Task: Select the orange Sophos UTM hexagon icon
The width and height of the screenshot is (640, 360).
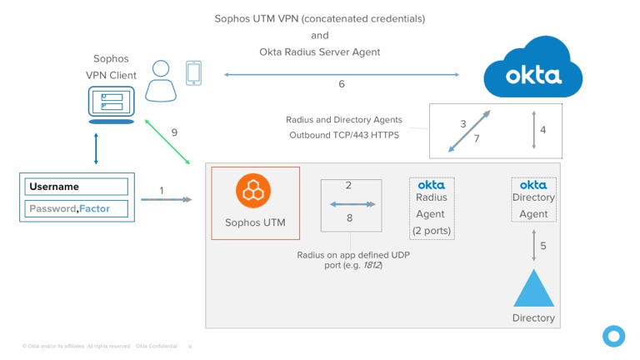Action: click(x=252, y=191)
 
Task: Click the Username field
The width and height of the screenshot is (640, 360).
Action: click(x=78, y=187)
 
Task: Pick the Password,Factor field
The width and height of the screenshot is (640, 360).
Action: click(x=78, y=208)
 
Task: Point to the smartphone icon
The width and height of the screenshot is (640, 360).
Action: click(x=193, y=72)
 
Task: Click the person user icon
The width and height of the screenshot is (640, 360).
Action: click(x=162, y=80)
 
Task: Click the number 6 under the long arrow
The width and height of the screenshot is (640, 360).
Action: click(x=342, y=84)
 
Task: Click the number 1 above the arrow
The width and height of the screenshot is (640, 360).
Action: click(x=162, y=191)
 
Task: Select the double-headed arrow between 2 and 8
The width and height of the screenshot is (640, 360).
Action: click(x=351, y=204)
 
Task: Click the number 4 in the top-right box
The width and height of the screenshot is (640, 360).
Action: click(x=542, y=130)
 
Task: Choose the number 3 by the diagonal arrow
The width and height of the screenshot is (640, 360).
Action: click(x=462, y=124)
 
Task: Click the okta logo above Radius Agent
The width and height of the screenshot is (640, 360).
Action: click(x=431, y=184)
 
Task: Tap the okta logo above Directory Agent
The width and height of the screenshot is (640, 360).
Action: click(x=533, y=184)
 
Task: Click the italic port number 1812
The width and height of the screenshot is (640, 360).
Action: click(x=371, y=265)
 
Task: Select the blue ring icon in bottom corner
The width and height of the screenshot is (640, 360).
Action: click(x=613, y=336)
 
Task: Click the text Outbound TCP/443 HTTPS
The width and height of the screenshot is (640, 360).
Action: click(x=345, y=135)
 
